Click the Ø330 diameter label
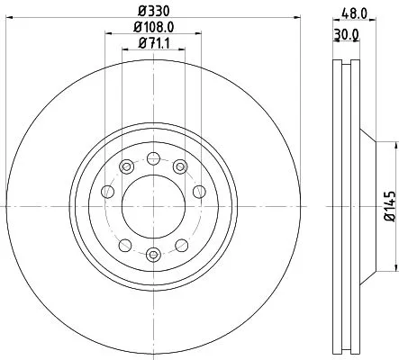[153, 10]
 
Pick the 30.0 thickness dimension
[347, 35]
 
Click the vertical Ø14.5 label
[389, 205]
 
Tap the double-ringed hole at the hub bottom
[153, 255]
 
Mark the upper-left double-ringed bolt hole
[125, 166]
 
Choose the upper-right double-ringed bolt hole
[181, 166]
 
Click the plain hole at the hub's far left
[109, 191]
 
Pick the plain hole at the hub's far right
[197, 191]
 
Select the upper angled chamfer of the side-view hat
[367, 134]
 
